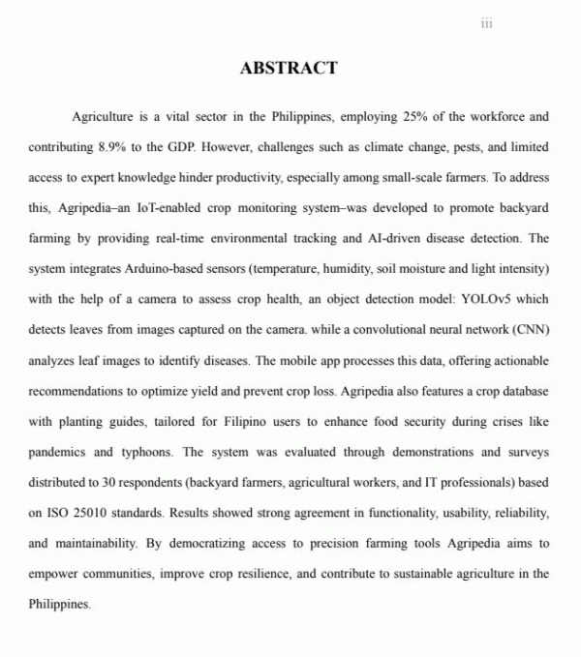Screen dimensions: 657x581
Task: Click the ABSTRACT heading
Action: click(289, 68)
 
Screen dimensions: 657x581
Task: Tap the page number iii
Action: click(486, 24)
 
